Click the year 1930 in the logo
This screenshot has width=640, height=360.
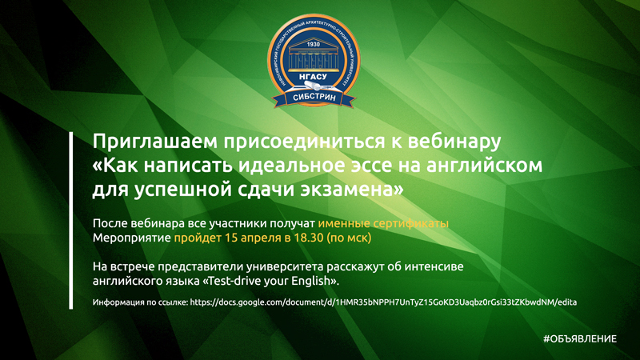pyautogui.click(x=313, y=44)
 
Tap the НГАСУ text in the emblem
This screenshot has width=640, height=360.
pyautogui.click(x=313, y=76)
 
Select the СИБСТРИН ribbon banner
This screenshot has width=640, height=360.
pyautogui.click(x=314, y=98)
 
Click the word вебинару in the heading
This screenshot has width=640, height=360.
pyautogui.click(x=454, y=142)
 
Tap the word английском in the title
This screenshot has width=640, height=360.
pyautogui.click(x=485, y=166)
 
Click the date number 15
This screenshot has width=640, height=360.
pyautogui.click(x=231, y=238)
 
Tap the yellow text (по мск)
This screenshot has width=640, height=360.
pyautogui.click(x=349, y=238)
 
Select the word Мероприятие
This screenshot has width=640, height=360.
pyautogui.click(x=131, y=238)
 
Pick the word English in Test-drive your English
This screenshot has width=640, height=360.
pyautogui.click(x=314, y=281)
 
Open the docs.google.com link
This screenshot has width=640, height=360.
pyautogui.click(x=383, y=302)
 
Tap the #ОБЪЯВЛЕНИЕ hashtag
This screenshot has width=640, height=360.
pyautogui.click(x=580, y=338)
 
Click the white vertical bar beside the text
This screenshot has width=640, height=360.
pyautogui.click(x=71, y=221)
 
